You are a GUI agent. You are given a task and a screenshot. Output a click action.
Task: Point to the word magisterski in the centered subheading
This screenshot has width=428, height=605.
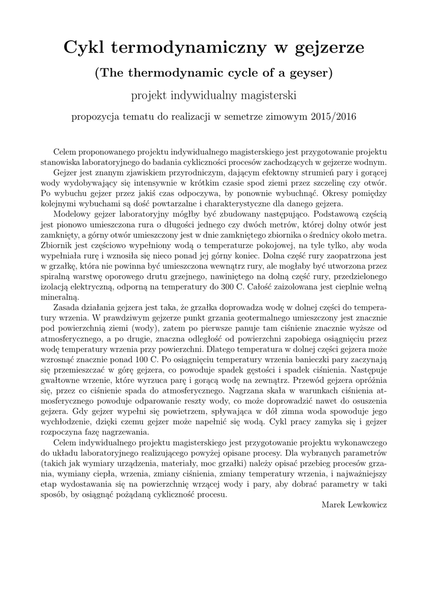[266, 95]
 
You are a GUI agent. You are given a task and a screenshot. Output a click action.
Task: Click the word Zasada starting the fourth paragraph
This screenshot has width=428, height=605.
[67, 308]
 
